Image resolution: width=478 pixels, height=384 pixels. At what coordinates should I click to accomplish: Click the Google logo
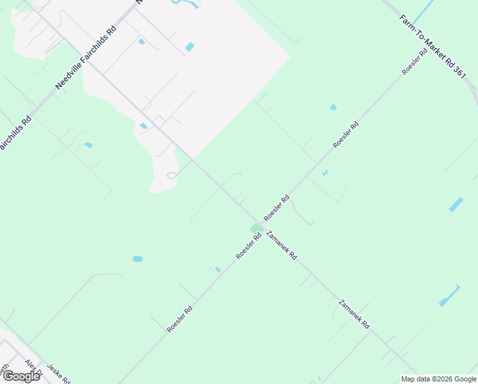pyautogui.click(x=20, y=376)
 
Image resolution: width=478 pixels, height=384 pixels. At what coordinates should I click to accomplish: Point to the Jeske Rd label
pyautogui.click(x=58, y=372)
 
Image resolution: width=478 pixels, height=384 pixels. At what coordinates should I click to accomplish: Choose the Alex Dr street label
pyautogui.click(x=33, y=370)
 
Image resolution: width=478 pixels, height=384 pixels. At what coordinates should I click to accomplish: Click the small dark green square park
pyautogui.click(x=256, y=228)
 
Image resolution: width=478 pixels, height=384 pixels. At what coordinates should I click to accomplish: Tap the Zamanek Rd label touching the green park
pyautogui.click(x=281, y=244)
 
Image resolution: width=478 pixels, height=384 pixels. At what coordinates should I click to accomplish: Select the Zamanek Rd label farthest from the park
pyautogui.click(x=354, y=314)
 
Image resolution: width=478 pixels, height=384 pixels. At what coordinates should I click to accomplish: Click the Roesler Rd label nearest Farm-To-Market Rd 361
pyautogui.click(x=415, y=60)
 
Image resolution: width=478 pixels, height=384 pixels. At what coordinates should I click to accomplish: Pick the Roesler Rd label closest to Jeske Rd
pyautogui.click(x=180, y=318)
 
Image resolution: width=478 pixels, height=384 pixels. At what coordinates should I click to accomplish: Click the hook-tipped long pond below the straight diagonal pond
pyautogui.click(x=449, y=295)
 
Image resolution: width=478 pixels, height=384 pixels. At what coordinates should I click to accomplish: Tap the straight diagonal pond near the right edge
pyautogui.click(x=456, y=205)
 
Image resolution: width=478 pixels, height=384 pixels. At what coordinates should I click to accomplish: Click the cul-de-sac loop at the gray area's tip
pyautogui.click(x=171, y=175)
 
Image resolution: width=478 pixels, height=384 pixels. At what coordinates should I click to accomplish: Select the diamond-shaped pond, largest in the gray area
pyautogui.click(x=190, y=47)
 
